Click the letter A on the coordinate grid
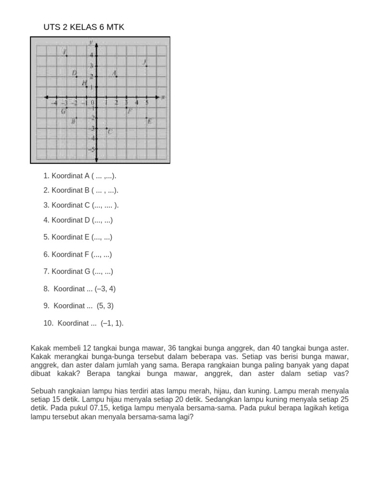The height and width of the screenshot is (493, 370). [x=114, y=73]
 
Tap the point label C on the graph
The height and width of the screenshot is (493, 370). [x=110, y=131]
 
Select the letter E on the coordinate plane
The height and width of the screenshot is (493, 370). [x=149, y=121]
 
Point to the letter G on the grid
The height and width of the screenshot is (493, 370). [x=63, y=111]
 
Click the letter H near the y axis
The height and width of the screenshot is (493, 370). [x=84, y=83]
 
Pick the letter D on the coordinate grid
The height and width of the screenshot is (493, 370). [x=74, y=73]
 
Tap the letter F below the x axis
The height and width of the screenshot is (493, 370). [x=130, y=111]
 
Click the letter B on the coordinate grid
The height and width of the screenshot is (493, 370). [x=73, y=121]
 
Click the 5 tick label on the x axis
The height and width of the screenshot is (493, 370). [x=147, y=102]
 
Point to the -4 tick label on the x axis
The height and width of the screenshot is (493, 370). [x=54, y=102]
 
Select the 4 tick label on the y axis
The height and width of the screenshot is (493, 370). [x=92, y=55]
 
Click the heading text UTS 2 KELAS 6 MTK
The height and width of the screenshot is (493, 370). [x=84, y=27]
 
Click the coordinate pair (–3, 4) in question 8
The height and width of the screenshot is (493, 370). [x=105, y=289]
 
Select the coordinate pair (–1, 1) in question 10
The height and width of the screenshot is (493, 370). [x=112, y=323]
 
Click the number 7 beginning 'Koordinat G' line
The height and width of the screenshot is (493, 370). [x=46, y=272]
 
